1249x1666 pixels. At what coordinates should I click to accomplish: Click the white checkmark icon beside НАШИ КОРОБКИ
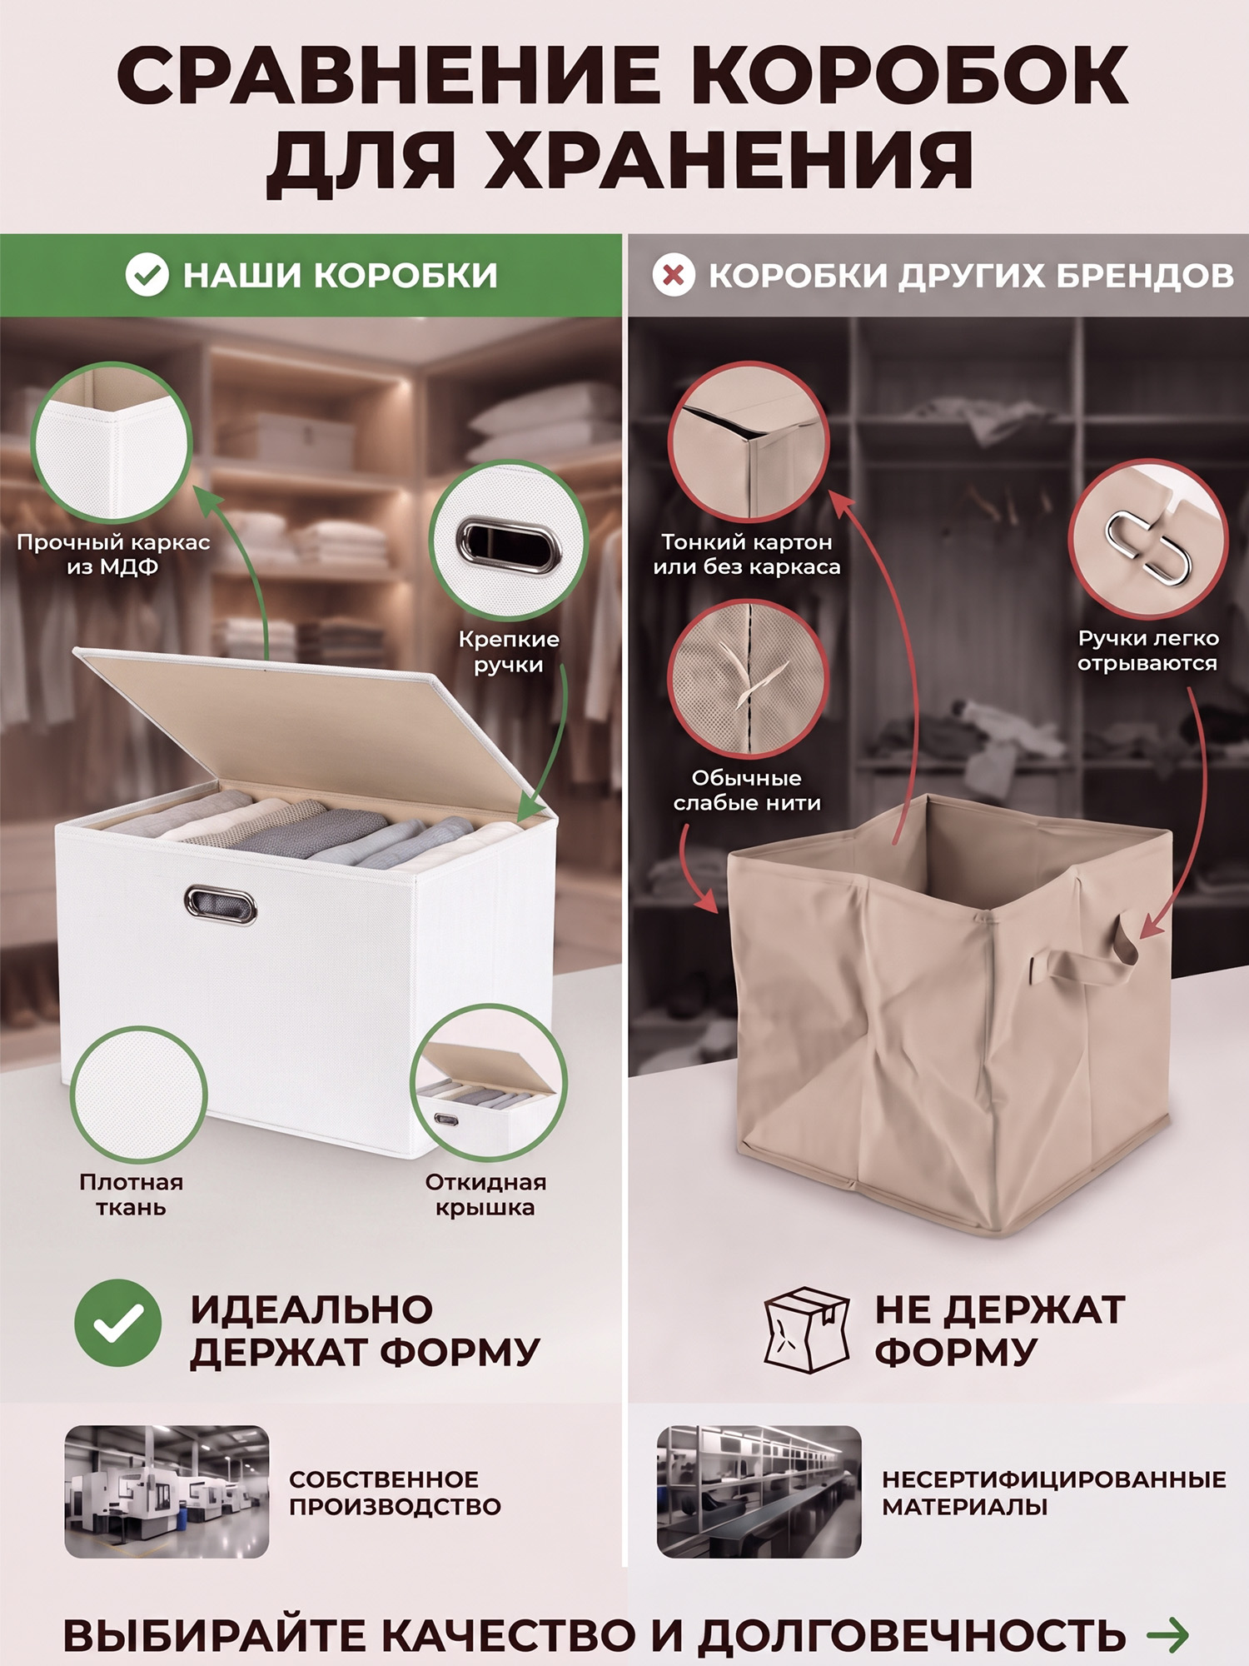click(x=147, y=275)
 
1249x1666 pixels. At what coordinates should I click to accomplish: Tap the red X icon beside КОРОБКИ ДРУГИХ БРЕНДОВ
click(x=674, y=275)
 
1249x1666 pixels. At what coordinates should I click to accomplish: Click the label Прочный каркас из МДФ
click(x=113, y=555)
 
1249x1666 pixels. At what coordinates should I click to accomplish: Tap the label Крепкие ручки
click(x=509, y=652)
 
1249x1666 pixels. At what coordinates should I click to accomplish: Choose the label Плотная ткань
click(x=132, y=1195)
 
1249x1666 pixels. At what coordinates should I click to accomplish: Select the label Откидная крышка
click(x=485, y=1195)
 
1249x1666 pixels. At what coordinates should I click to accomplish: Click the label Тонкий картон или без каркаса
click(x=747, y=555)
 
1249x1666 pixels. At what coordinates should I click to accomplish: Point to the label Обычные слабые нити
click(x=747, y=791)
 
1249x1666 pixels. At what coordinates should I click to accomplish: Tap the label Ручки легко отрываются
click(x=1147, y=651)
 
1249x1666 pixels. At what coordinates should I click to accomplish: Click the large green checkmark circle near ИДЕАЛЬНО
click(x=118, y=1323)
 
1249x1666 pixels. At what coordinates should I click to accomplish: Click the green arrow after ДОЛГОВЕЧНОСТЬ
click(x=1168, y=1634)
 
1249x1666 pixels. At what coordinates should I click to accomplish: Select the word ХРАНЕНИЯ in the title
click(x=729, y=161)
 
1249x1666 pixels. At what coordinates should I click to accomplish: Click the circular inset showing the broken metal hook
click(x=1148, y=539)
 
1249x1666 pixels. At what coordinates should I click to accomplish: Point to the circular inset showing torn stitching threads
click(x=749, y=678)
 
